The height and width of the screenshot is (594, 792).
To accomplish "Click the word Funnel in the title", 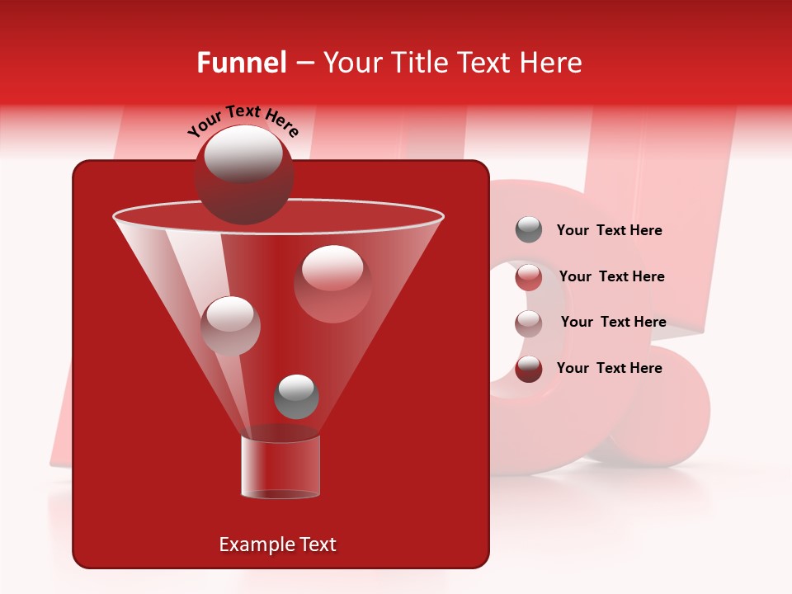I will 241,63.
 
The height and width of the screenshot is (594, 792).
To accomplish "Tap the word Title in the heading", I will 420,63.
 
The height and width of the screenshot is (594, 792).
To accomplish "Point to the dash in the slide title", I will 304,64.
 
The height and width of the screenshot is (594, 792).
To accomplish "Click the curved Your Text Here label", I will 243,121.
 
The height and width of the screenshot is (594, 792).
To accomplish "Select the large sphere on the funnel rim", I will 244,175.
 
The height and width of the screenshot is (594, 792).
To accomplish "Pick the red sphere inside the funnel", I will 332,283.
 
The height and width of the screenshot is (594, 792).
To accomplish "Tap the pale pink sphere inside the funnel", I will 230,326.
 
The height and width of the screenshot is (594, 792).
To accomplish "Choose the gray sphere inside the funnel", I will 296,397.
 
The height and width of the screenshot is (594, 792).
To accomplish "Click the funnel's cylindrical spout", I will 280,466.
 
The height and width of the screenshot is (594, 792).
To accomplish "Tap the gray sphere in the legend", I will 529,229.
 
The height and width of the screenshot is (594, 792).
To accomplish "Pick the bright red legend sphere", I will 529,276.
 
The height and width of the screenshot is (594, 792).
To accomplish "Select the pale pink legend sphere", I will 529,323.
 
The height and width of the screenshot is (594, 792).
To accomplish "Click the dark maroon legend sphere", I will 529,369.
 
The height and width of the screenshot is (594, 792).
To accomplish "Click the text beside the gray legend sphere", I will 609,230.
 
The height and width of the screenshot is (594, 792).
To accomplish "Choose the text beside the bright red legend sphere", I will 611,276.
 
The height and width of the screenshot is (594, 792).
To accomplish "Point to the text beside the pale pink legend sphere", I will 613,322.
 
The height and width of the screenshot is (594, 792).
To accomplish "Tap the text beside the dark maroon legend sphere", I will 609,368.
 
